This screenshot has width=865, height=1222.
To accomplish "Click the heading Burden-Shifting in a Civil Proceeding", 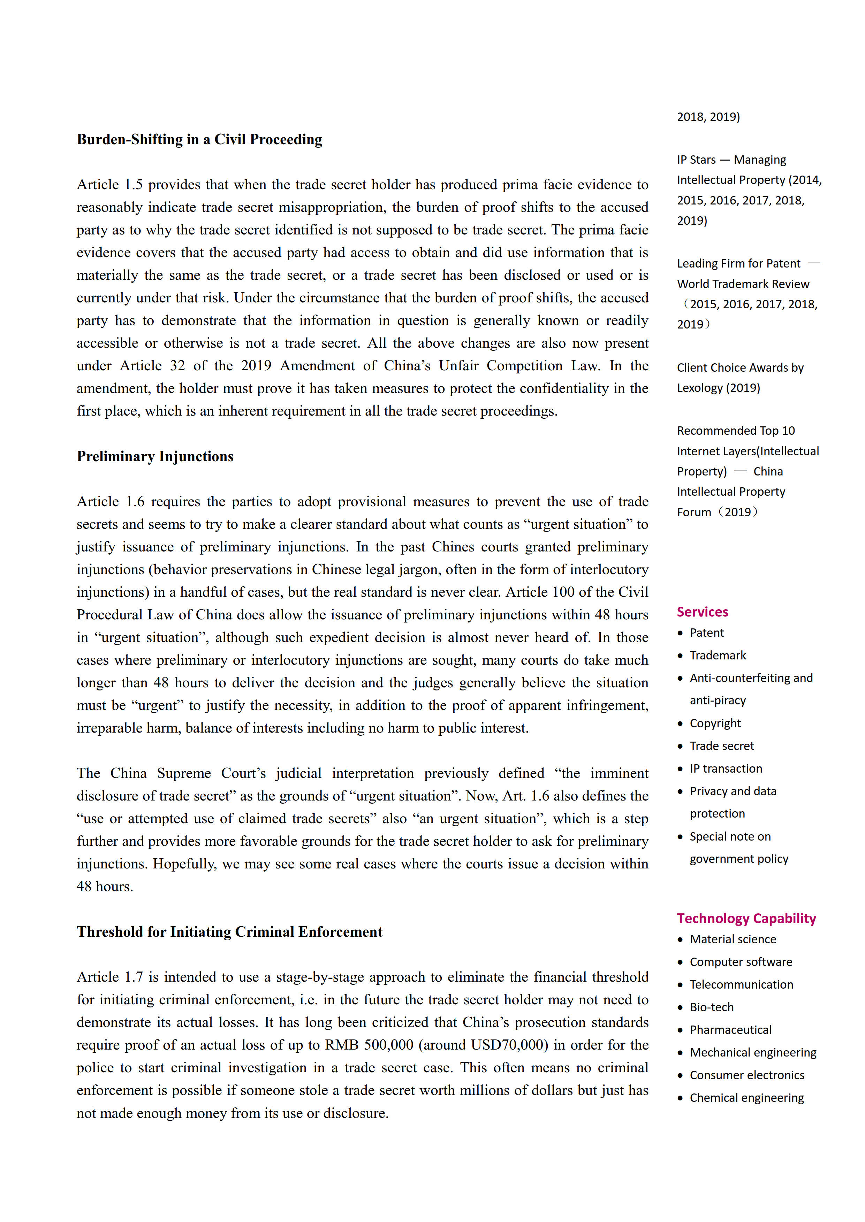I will click(x=199, y=139).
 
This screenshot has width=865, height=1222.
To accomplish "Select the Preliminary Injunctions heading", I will click(x=155, y=457).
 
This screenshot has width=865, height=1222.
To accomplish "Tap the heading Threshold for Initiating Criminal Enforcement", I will click(x=229, y=932).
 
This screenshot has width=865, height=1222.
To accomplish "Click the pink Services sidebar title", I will click(x=702, y=612).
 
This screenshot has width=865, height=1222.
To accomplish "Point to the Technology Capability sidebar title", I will click(x=746, y=919).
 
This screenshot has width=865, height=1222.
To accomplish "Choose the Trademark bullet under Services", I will click(x=718, y=656).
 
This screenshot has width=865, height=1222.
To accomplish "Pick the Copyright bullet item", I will click(x=715, y=723).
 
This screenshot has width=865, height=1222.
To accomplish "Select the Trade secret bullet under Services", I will click(x=722, y=746).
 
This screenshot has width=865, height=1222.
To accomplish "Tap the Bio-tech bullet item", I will click(x=712, y=1007).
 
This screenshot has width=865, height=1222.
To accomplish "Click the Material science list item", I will click(x=733, y=939).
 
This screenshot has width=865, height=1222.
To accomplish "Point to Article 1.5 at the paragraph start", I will click(x=110, y=185).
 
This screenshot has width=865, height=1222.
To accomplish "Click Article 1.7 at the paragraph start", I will click(x=110, y=977).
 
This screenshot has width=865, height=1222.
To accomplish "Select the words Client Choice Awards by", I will click(x=740, y=368).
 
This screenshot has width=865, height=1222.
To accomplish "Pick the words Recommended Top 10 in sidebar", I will click(x=736, y=431).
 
